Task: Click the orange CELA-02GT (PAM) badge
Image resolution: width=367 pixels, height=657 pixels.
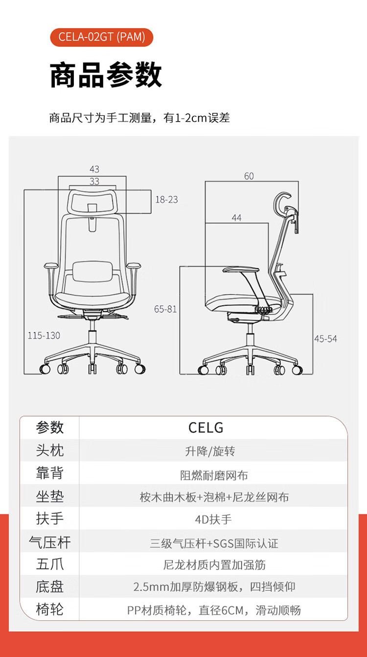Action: pos(102,38)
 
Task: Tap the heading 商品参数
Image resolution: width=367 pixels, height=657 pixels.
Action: pos(106,76)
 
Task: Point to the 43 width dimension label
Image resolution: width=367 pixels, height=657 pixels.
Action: pos(94,169)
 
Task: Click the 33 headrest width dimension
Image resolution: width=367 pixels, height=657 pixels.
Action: pos(94,181)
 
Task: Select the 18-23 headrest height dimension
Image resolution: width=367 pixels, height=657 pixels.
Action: pos(166,199)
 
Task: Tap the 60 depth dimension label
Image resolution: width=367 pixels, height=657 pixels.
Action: pos(249,176)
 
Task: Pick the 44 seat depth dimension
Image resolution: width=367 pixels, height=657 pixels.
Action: pos(237,218)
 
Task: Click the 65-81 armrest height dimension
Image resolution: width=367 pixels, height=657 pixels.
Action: pos(165,309)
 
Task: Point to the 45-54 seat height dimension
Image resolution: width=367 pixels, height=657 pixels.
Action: pos(325,339)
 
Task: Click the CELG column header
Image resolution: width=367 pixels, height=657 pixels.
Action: pos(206,428)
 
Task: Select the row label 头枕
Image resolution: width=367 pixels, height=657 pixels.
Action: pos(50,450)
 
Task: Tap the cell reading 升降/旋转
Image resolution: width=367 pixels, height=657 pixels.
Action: pos(210,451)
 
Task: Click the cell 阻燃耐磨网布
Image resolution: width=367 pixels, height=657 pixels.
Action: pos(214,475)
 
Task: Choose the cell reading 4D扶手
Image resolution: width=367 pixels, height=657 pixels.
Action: pos(213,519)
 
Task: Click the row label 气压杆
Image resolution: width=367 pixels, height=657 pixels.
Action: pos(50,542)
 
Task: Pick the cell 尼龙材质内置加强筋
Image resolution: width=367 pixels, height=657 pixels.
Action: pos(214,565)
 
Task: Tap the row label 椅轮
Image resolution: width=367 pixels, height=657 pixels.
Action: pos(50,609)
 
